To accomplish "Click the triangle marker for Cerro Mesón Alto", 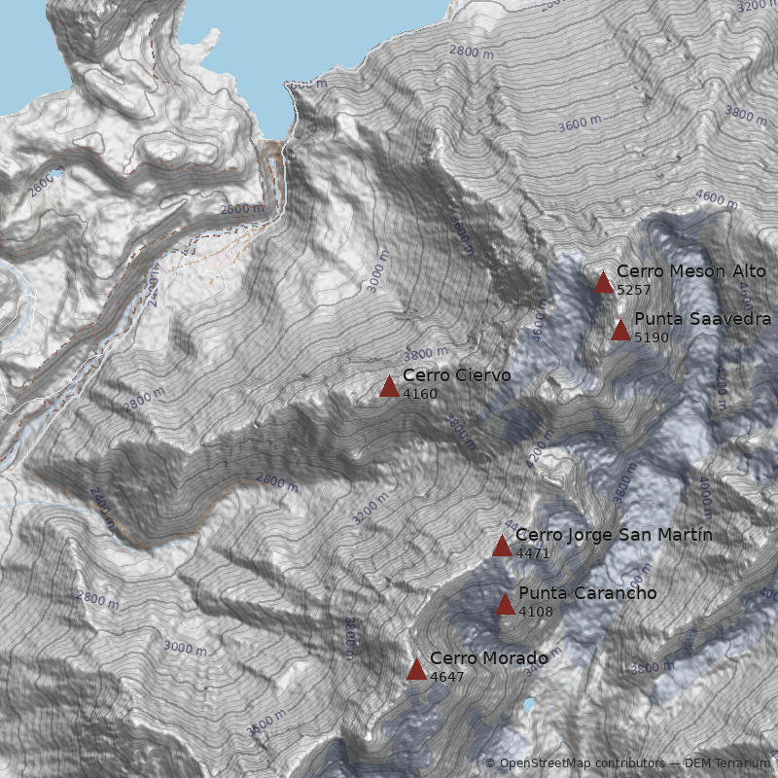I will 603,283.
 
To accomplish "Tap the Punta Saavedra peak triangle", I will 620,331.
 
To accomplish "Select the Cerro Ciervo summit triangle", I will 389,387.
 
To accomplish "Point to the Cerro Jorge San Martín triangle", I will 502,547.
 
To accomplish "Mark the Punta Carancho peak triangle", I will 505,605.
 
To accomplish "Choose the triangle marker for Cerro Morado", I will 416,669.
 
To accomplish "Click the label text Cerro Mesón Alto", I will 690,271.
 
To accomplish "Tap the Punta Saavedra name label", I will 702,319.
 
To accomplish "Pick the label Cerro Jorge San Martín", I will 614,535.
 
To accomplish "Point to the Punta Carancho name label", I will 587,593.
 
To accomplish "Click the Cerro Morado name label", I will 488,658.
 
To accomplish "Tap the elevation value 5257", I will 634,290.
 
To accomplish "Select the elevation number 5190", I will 652,337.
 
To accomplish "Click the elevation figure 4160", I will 420,394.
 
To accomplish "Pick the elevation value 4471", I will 533,553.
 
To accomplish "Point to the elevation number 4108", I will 536,612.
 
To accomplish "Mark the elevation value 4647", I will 447,676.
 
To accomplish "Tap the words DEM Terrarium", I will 727,763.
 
